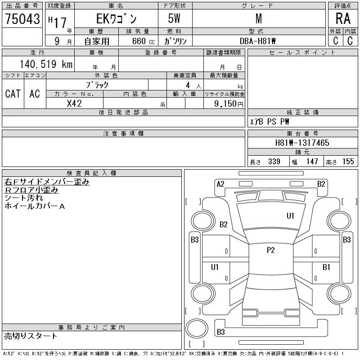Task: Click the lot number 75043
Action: point(22,19)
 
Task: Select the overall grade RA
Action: point(343,18)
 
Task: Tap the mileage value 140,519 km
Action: point(46,64)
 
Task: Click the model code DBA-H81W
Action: point(257,41)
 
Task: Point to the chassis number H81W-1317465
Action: point(302,143)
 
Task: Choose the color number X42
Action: point(74,103)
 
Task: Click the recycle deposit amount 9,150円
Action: point(229,104)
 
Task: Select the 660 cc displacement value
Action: point(143,41)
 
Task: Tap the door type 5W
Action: point(174,18)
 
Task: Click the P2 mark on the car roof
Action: point(271,250)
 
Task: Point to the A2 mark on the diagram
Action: point(220,184)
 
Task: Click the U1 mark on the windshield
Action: point(290,216)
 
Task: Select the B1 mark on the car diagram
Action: point(326,267)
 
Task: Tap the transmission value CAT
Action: point(13,94)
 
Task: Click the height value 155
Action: point(348,162)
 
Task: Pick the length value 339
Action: point(274,162)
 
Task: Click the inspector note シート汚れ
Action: point(23,198)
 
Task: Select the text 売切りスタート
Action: point(31,336)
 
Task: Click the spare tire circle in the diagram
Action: point(197,328)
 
